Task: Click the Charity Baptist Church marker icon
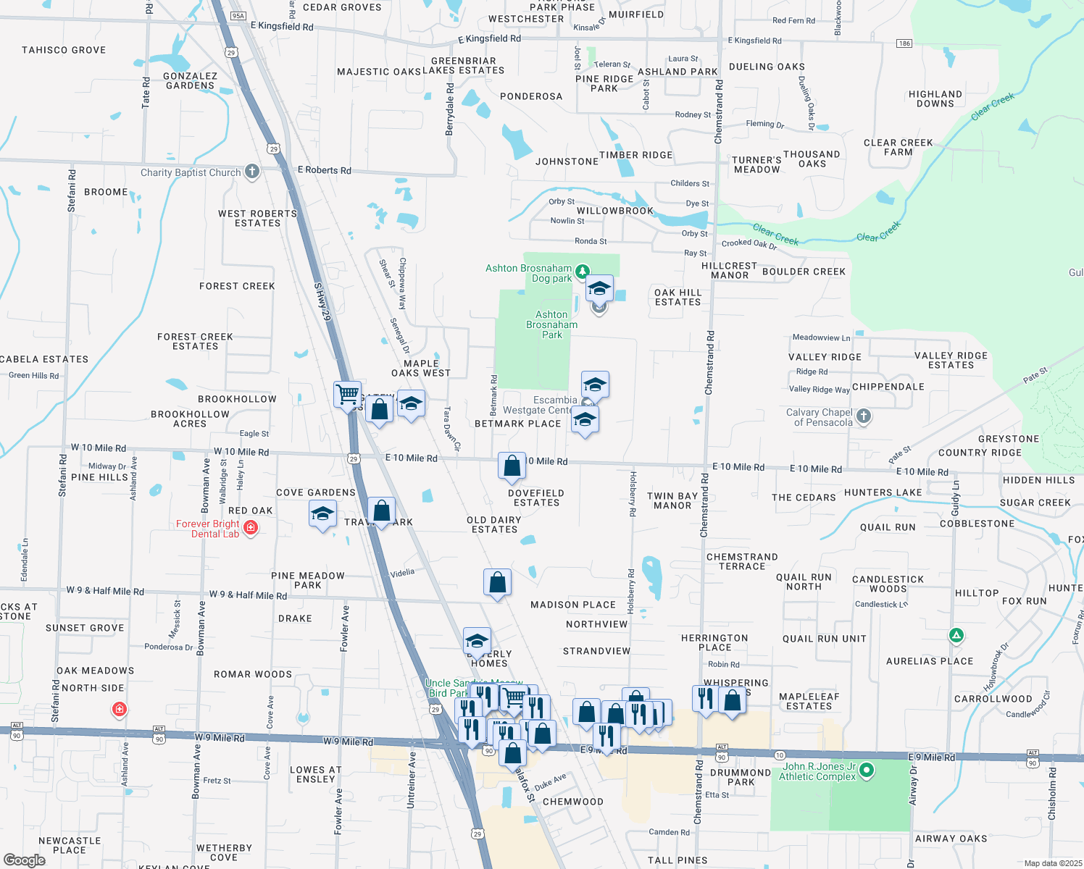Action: [251, 172]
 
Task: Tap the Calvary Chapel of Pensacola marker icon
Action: [863, 416]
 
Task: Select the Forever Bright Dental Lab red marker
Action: [251, 528]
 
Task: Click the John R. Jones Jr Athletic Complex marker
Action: [867, 770]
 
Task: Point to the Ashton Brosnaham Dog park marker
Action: [581, 273]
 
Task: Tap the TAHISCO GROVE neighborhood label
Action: [64, 50]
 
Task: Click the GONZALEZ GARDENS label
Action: [190, 80]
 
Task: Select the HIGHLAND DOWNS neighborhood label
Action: [935, 99]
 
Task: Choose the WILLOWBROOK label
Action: [615, 211]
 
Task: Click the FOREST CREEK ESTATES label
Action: [195, 341]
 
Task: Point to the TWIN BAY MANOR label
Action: [672, 500]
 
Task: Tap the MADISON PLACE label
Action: [573, 605]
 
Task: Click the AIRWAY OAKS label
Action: [951, 839]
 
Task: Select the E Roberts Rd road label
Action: [324, 170]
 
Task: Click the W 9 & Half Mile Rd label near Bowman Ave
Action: [248, 595]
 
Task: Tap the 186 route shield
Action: [904, 43]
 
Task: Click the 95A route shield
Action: [238, 15]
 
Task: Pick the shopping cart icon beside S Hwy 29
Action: [347, 394]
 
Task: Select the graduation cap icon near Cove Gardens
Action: [322, 515]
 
